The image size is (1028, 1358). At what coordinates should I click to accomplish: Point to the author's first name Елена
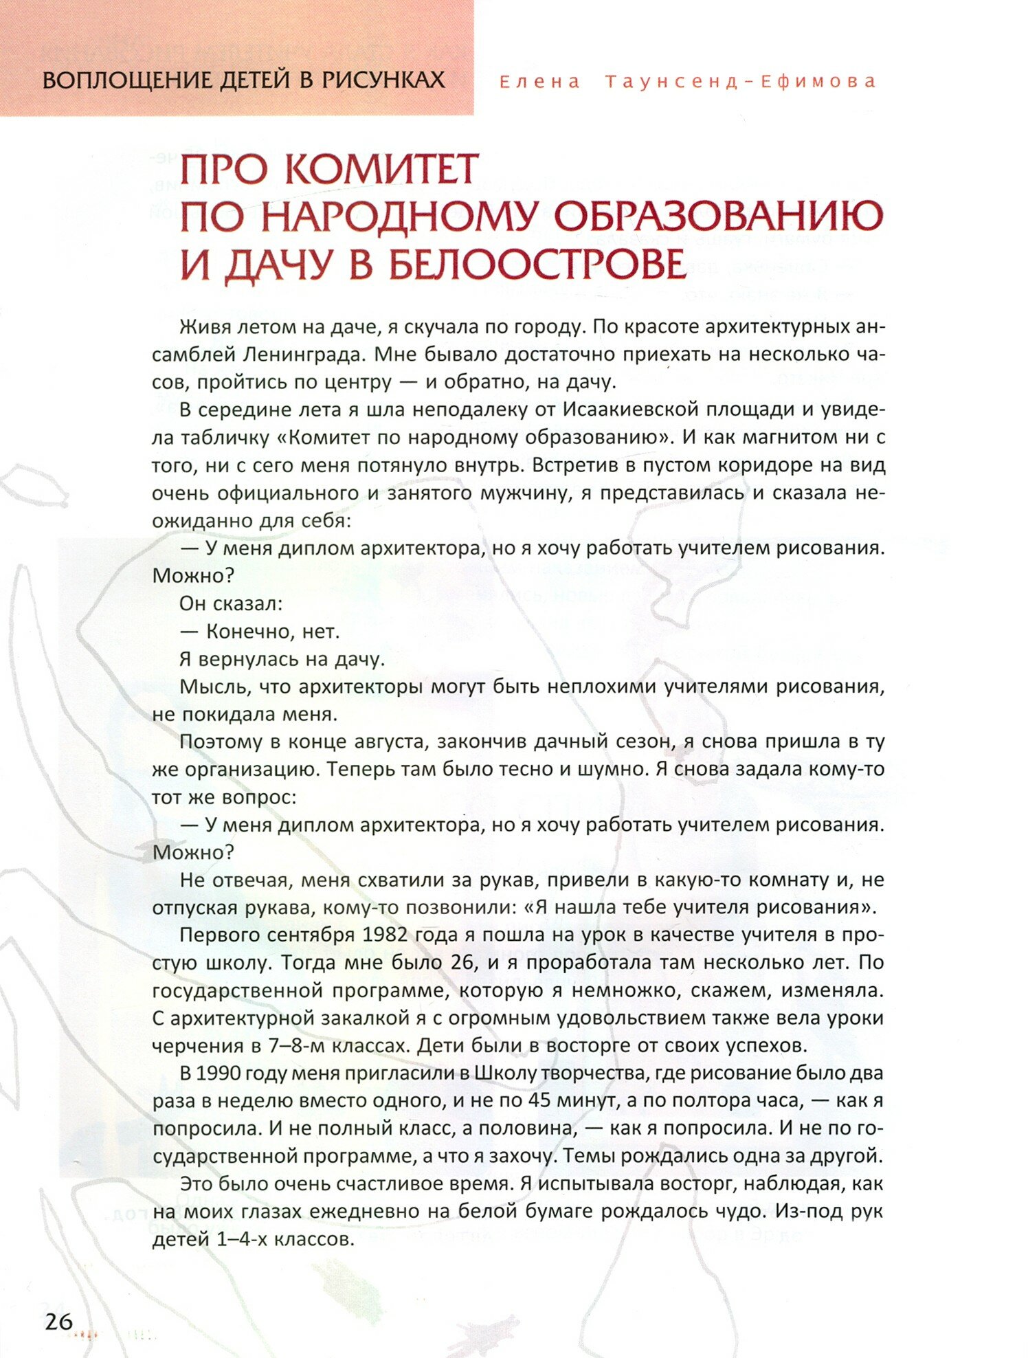(x=539, y=82)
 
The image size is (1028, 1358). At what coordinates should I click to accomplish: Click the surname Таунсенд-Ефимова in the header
(x=741, y=82)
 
